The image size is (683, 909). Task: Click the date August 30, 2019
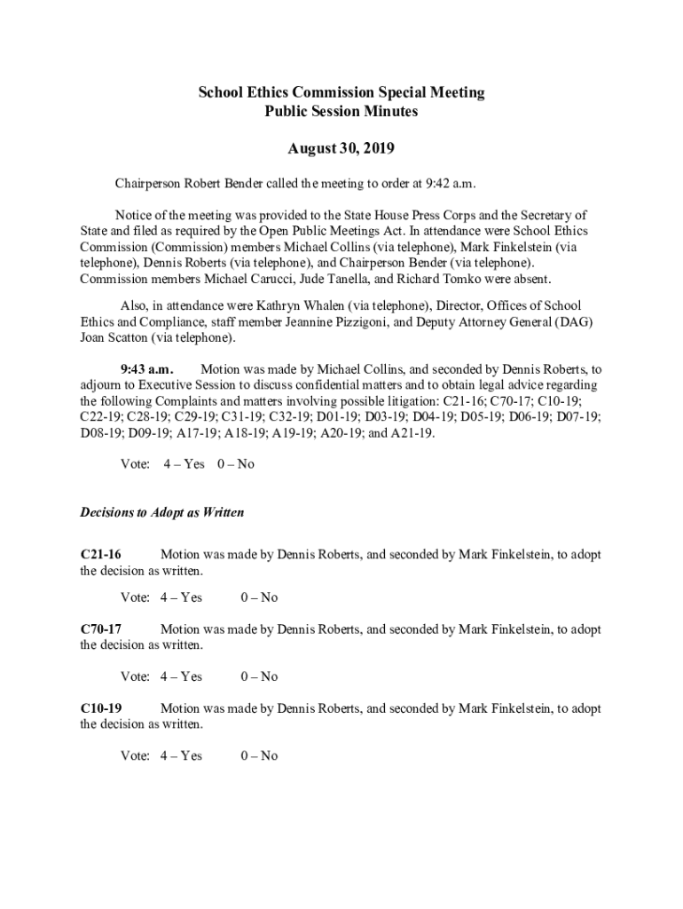tap(341, 147)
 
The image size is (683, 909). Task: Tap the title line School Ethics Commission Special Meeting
tap(341, 93)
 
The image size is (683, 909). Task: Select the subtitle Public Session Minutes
tap(341, 112)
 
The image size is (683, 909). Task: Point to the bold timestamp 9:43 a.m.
tap(147, 368)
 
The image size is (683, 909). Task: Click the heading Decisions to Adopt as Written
tap(162, 513)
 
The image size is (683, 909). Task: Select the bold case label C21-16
tap(100, 555)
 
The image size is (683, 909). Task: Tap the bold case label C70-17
tap(100, 629)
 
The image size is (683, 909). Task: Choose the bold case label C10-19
tap(100, 708)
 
